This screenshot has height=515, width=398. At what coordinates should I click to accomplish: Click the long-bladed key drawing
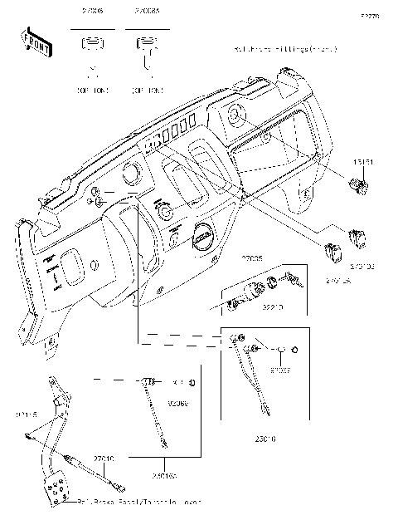pos(147,50)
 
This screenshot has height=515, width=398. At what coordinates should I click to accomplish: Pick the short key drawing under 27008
pos(93,47)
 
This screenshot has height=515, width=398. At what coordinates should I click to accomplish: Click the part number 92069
pos(177,403)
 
